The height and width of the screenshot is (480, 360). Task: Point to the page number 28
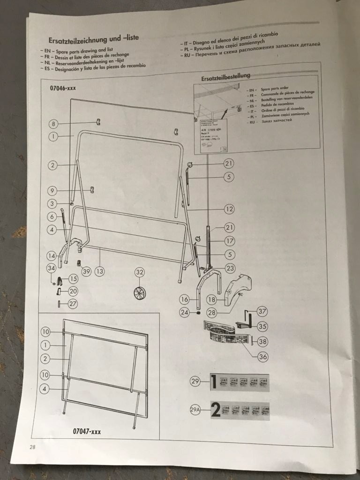[32, 447]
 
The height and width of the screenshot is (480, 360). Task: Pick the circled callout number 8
[54, 124]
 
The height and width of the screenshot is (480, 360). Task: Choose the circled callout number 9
[53, 191]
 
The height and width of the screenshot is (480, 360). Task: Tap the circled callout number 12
[229, 209]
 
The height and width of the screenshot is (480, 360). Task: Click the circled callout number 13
[99, 270]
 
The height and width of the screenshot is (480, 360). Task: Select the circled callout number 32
[140, 272]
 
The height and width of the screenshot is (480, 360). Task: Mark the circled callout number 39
[85, 270]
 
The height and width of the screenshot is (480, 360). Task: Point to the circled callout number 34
[52, 268]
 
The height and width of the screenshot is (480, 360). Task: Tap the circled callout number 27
[72, 303]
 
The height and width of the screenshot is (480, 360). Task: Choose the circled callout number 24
[185, 312]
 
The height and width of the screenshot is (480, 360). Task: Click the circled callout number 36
[263, 356]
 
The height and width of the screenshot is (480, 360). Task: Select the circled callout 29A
[195, 411]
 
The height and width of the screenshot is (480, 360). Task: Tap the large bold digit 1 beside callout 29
[213, 382]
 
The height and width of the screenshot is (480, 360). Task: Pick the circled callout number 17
[229, 241]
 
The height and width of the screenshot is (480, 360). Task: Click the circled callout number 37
[262, 311]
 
